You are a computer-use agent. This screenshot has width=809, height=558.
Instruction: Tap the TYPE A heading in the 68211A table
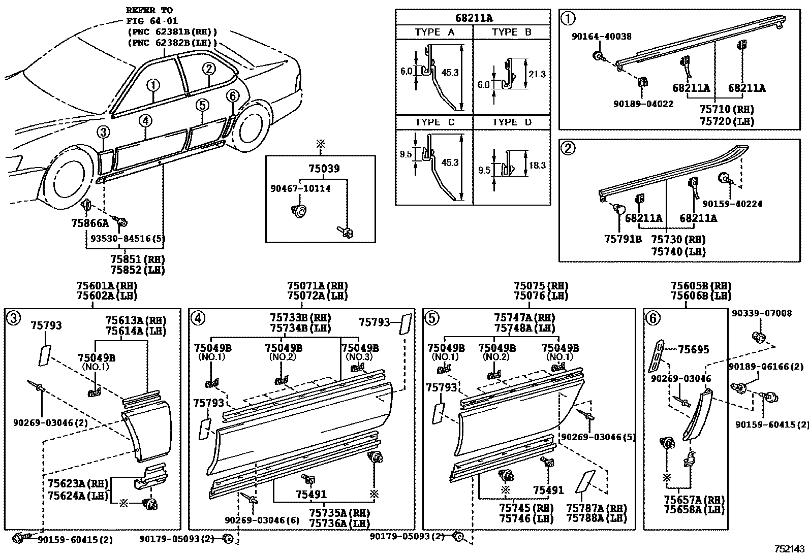coord(434,32)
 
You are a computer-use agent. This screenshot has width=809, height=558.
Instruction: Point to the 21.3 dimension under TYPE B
coord(537,74)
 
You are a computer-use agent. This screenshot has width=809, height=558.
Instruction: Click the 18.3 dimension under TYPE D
coord(537,165)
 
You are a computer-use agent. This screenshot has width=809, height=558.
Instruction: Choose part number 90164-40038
coord(601,37)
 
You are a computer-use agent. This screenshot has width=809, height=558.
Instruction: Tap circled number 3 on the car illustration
coord(103,133)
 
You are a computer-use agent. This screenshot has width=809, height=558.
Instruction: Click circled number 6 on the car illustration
coord(232,95)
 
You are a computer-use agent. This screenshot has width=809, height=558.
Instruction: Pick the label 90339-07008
coord(761,314)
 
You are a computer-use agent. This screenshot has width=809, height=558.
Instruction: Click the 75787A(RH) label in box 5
coord(596,508)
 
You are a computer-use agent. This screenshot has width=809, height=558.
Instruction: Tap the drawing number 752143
coord(789,549)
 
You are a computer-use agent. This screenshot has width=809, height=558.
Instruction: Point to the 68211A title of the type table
coord(473,18)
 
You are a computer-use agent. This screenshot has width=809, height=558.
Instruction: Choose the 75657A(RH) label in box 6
coord(694,500)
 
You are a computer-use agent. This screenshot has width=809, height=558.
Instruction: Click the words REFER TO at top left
coord(149,10)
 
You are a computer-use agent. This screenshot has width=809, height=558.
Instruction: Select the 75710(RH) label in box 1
coord(726,110)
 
